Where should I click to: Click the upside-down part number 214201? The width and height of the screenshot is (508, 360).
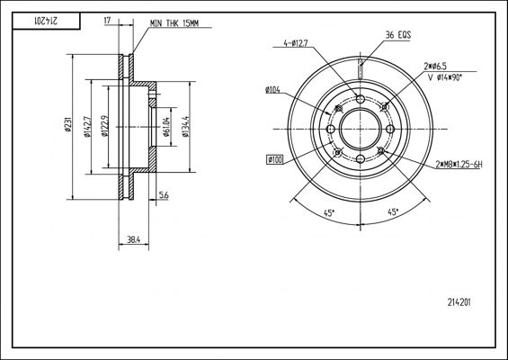(46, 21)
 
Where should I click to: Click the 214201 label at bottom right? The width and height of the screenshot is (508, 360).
(459, 302)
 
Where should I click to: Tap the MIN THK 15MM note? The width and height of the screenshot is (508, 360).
(174, 23)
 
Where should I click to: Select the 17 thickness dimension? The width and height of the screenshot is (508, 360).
(107, 21)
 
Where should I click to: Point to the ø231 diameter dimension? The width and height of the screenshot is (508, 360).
(67, 124)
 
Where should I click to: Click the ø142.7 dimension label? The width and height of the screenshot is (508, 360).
(87, 127)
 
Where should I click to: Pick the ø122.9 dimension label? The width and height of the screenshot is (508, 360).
(104, 126)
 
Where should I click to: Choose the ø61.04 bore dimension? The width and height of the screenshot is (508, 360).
(166, 127)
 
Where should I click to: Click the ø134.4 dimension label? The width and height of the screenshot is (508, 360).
(185, 127)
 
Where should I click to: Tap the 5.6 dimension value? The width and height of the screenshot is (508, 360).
(164, 195)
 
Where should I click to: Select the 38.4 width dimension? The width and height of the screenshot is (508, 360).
(133, 240)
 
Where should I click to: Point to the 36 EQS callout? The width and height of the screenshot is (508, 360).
(398, 35)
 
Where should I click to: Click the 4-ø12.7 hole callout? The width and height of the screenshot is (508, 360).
(296, 43)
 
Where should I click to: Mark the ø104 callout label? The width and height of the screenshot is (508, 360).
(272, 90)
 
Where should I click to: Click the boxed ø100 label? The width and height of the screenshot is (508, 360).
(275, 160)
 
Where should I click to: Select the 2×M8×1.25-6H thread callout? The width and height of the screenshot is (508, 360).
(459, 165)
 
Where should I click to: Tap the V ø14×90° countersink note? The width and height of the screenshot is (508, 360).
(444, 77)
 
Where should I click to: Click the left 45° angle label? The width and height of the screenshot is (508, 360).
(329, 213)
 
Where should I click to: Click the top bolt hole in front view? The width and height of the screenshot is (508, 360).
(361, 99)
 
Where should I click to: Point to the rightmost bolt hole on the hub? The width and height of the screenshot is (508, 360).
(390, 129)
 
